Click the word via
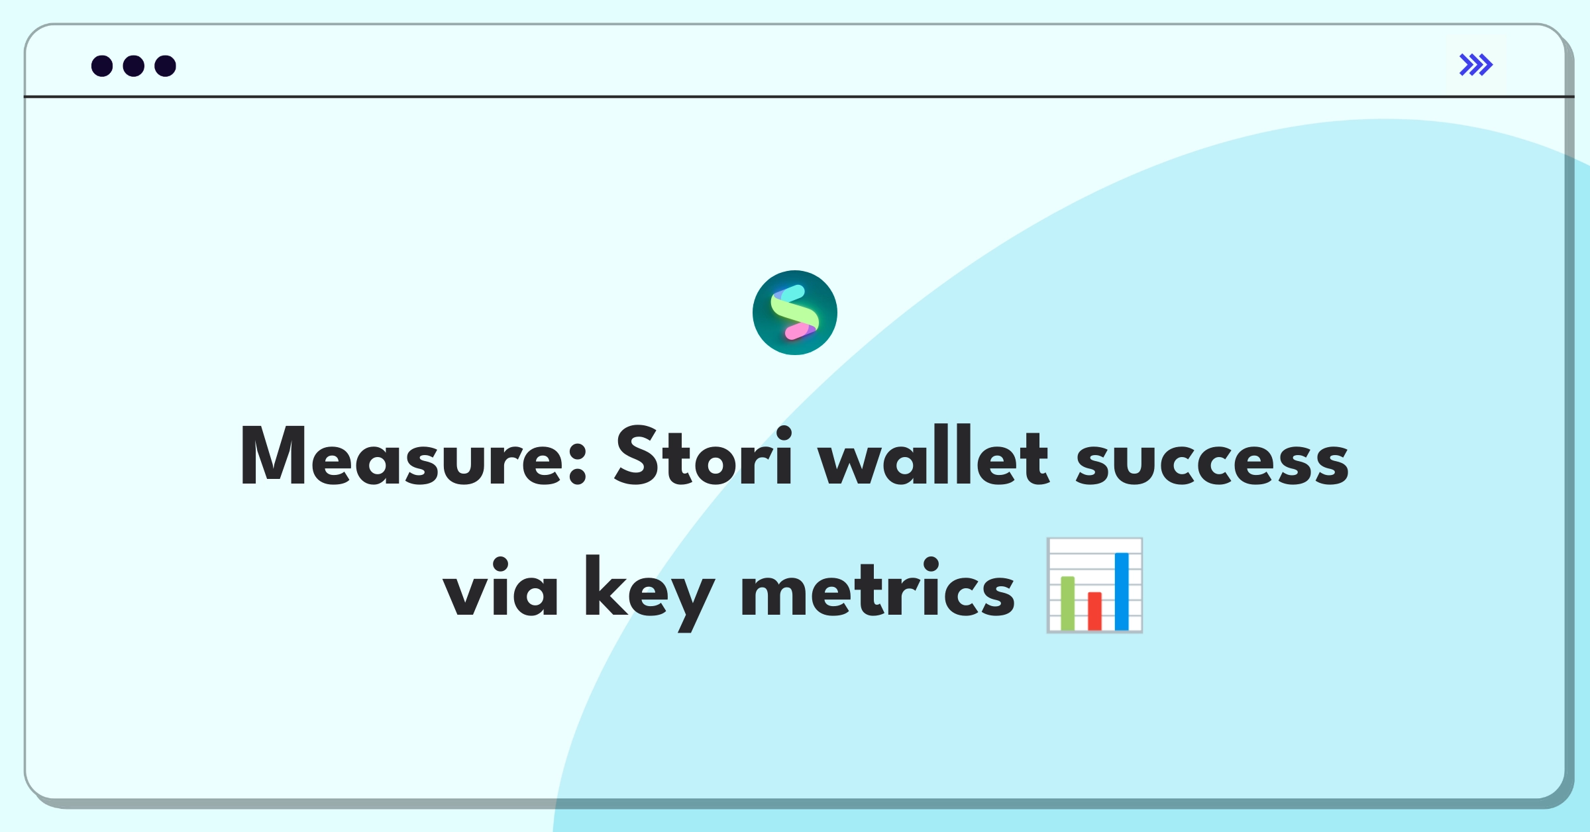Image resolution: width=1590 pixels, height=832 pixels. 500,587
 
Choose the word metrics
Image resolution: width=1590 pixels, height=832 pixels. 877,587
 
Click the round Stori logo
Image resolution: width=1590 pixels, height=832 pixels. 795,313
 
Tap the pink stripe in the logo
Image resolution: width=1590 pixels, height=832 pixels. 799,331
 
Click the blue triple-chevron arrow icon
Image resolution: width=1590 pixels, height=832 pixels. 1476,65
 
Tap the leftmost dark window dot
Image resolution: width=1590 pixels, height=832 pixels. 102,66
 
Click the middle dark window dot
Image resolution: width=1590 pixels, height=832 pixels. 134,66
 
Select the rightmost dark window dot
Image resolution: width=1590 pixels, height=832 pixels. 166,66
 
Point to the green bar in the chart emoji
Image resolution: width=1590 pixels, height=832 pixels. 1068,603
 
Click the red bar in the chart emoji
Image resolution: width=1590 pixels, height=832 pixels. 1094,611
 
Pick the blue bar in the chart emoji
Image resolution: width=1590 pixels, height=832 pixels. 1122,592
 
